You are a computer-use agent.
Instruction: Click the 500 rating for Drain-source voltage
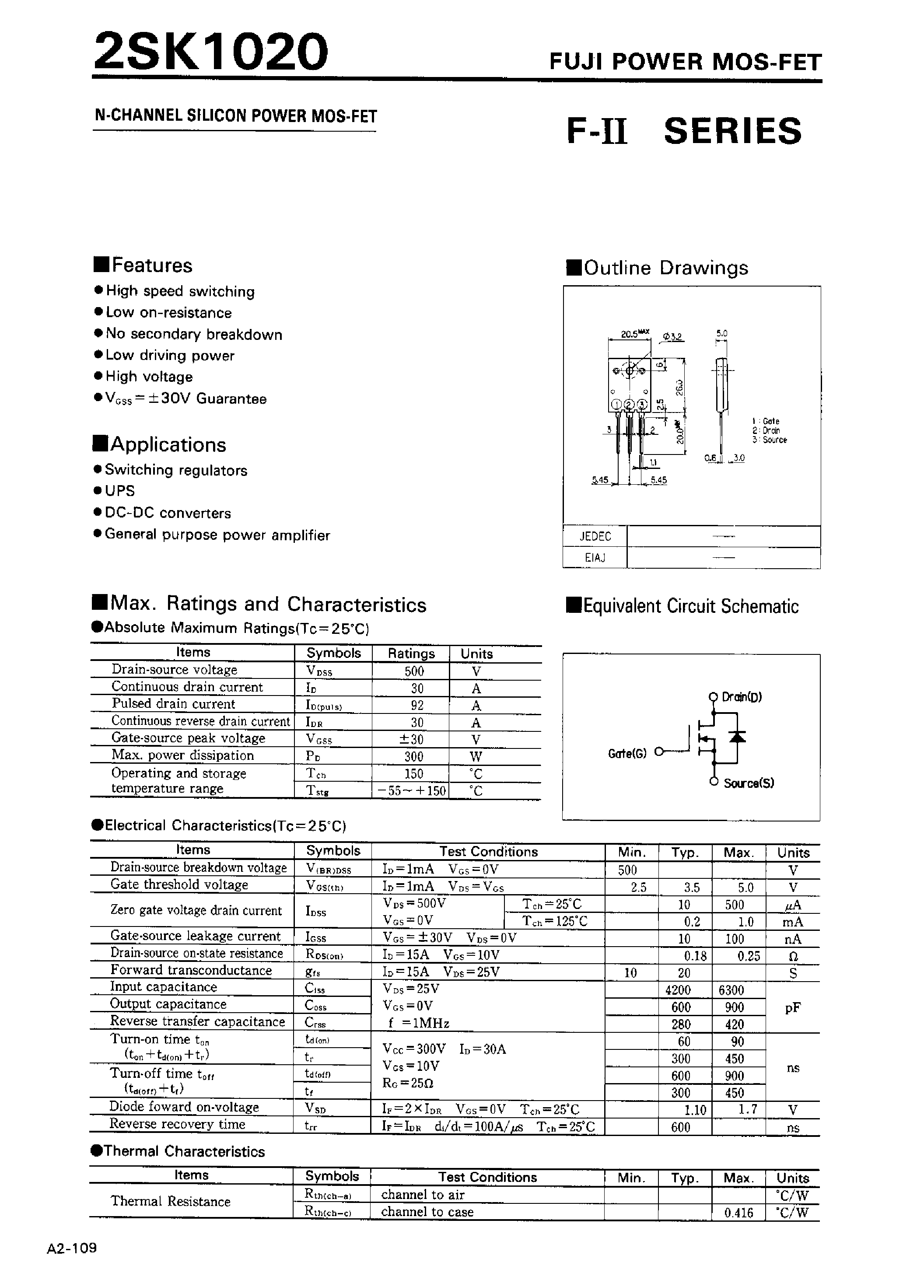(x=413, y=671)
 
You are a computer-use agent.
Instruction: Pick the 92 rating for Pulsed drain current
(x=417, y=705)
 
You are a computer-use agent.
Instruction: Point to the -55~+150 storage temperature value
(x=411, y=791)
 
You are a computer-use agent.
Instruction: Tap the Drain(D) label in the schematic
(x=741, y=697)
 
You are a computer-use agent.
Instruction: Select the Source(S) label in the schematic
(x=749, y=783)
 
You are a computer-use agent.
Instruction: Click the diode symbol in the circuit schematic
(x=738, y=737)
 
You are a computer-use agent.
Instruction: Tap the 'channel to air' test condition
(x=423, y=1195)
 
